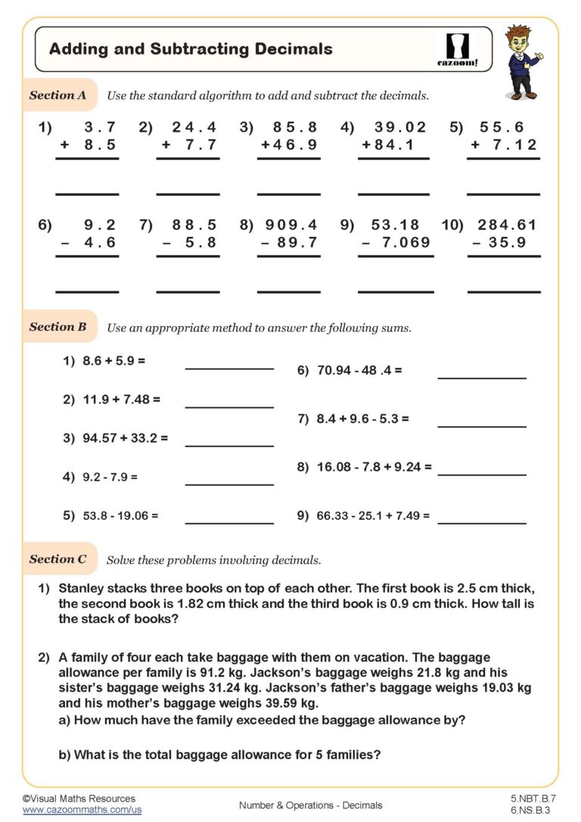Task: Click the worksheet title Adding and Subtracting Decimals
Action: pos(191,49)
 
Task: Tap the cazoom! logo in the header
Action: pos(458,50)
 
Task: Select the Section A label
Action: pos(57,95)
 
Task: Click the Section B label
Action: pos(57,327)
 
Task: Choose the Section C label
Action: pos(57,559)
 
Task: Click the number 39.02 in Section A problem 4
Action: pos(401,127)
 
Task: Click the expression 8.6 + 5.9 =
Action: pos(114,362)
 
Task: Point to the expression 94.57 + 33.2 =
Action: pos(126,437)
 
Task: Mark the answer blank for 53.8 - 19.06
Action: pos(229,522)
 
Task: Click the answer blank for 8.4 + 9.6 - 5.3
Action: pos(482,427)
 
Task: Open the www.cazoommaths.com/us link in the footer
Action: pos(82,810)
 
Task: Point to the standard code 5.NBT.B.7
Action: pos(533,799)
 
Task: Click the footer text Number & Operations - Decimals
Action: pos(310,805)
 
